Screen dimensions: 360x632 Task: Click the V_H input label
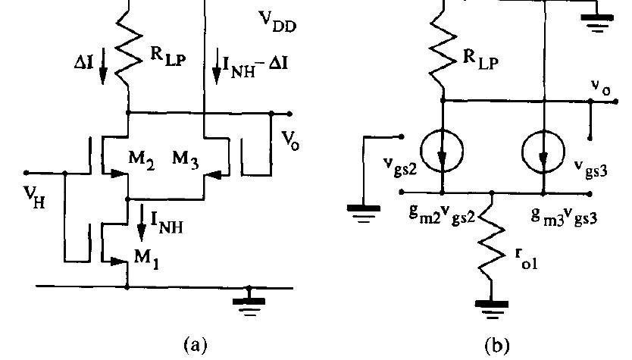click(x=36, y=200)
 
